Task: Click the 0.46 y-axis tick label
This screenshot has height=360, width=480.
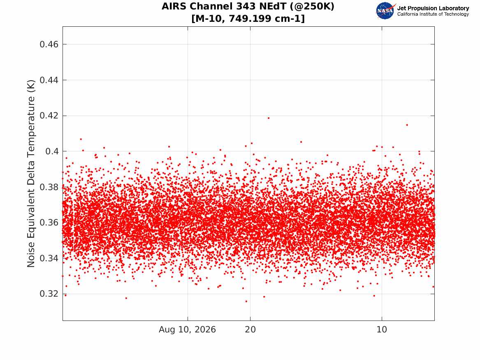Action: pyautogui.click(x=49, y=44)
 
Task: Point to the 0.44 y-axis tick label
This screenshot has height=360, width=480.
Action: pyautogui.click(x=49, y=80)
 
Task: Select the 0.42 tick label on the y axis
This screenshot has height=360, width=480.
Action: pyautogui.click(x=49, y=116)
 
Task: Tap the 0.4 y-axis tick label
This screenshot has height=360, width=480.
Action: pyautogui.click(x=52, y=151)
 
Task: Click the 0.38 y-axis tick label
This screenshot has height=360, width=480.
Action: pyautogui.click(x=49, y=187)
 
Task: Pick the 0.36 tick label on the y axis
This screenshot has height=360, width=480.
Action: pyautogui.click(x=49, y=223)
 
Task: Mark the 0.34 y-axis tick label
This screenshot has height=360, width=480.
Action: pyautogui.click(x=49, y=258)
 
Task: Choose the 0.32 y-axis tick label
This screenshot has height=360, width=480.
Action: pyautogui.click(x=49, y=294)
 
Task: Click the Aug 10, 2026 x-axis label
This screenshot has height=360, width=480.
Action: pyautogui.click(x=187, y=330)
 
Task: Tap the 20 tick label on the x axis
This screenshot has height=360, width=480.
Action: pyautogui.click(x=250, y=330)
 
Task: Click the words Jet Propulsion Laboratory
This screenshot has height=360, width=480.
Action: pyautogui.click(x=433, y=8)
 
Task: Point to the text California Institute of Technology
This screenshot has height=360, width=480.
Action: pyautogui.click(x=433, y=14)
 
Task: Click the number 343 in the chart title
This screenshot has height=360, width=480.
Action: pyautogui.click(x=246, y=6)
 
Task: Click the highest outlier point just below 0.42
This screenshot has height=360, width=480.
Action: pyautogui.click(x=269, y=118)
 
